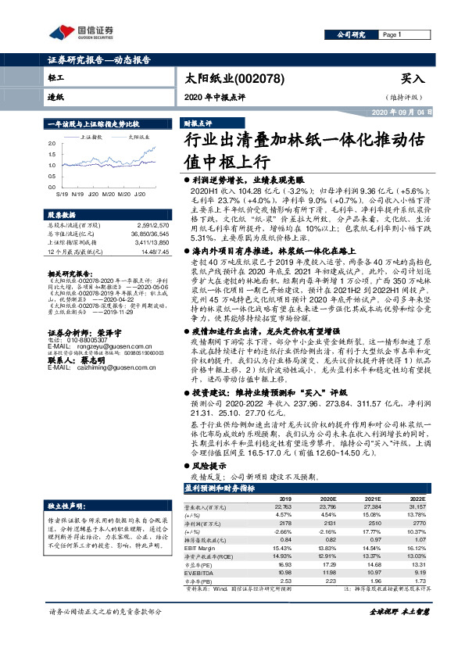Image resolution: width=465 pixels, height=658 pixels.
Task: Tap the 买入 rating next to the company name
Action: (412, 79)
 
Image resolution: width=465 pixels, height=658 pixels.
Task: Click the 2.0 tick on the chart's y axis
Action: (52, 144)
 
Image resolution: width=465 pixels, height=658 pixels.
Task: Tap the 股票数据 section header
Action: (63, 214)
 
